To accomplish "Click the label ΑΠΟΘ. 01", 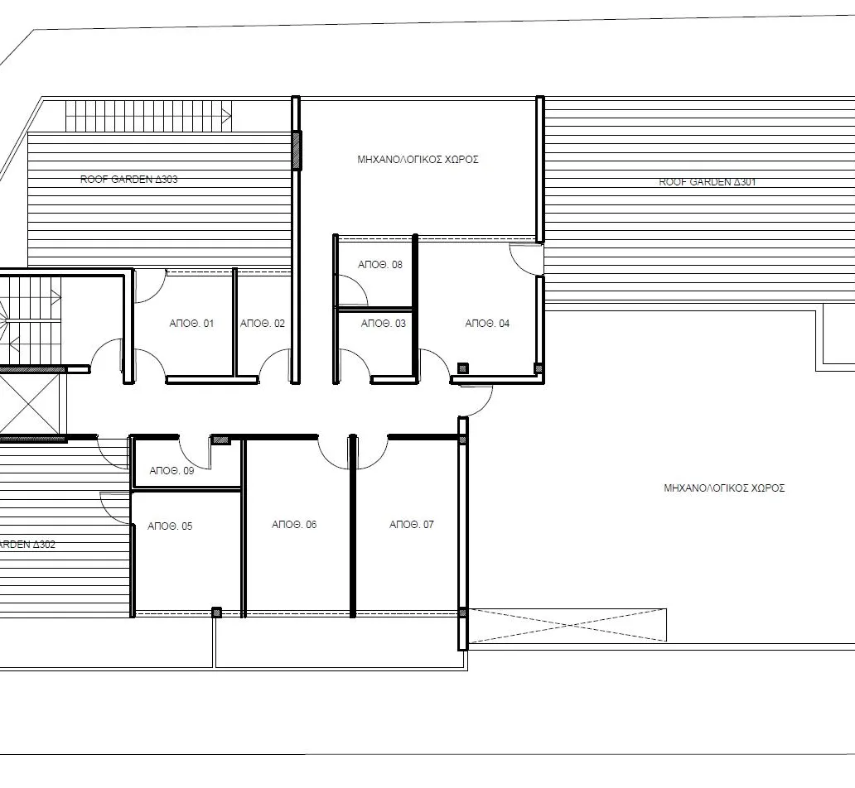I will point(191,324).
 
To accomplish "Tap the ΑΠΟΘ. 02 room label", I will point(262,324).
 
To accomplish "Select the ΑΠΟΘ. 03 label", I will point(384,324).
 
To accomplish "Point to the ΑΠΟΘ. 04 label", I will point(487,324).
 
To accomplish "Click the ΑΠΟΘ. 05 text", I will point(170,526).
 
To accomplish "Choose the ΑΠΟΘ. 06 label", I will point(294,525).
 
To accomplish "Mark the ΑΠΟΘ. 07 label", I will point(412,525).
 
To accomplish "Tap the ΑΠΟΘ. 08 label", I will point(380,265).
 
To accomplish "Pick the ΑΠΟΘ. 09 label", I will point(171,471).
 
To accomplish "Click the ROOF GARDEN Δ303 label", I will point(128,179).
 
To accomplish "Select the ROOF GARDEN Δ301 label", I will point(707,182).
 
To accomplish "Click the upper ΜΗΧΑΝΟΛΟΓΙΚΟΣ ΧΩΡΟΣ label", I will point(418,160).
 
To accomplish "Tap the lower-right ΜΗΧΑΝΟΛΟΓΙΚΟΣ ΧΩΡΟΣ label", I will point(723,488).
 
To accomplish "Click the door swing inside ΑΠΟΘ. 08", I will point(355,291).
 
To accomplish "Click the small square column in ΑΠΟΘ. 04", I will point(463,368).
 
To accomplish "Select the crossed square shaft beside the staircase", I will point(31,404).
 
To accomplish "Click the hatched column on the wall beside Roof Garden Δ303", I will point(297,150).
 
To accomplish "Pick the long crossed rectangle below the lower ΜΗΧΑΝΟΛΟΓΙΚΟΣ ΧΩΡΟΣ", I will point(568,625).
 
